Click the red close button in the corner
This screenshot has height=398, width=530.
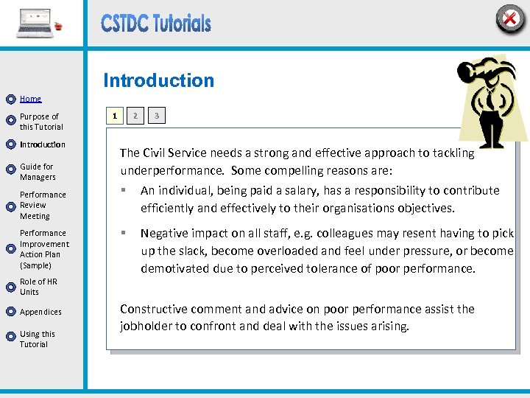509,18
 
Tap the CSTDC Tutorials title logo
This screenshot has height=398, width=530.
156,24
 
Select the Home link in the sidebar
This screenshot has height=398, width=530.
30,99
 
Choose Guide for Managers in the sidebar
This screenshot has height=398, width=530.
38,172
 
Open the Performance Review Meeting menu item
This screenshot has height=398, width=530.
43,206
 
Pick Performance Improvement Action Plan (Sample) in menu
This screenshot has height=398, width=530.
44,249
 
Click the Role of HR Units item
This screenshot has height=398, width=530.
38,287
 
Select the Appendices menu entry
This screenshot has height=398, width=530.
40,313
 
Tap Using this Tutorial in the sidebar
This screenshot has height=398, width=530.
37,339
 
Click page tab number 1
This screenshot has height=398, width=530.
113,116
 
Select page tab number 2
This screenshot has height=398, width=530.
135,116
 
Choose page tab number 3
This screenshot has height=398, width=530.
156,116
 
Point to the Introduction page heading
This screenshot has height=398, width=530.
158,81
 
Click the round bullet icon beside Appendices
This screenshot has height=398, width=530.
10,313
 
